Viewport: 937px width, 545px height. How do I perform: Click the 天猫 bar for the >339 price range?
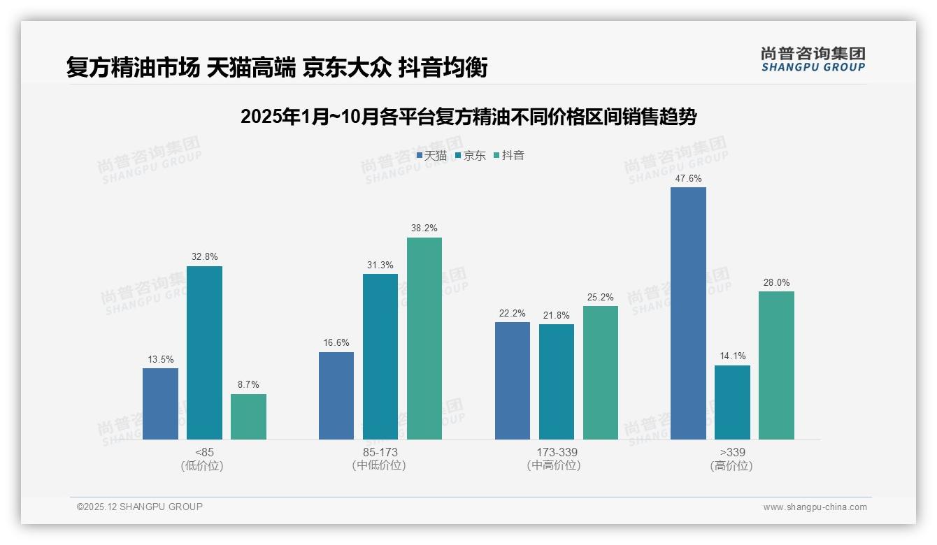tap(688, 313)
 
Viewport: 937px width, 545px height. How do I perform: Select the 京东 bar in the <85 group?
tap(204, 353)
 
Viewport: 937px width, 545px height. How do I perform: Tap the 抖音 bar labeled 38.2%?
tap(424, 338)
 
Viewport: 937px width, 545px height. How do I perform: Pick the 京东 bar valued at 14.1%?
tap(732, 402)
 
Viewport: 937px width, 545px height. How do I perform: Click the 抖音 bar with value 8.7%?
tap(248, 416)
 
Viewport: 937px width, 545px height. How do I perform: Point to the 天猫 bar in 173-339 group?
tap(512, 381)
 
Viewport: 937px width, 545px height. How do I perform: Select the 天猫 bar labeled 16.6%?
tap(336, 395)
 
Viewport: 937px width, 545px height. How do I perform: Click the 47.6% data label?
tap(688, 178)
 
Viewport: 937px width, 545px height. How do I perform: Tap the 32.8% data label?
tap(204, 256)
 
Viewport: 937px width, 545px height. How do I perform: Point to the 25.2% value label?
tap(600, 297)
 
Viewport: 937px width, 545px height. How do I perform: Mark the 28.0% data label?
tap(776, 282)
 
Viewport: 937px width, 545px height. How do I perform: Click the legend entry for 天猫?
tap(431, 156)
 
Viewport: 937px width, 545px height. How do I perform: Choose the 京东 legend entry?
tap(470, 156)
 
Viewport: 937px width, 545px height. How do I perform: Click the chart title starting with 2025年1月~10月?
tap(468, 117)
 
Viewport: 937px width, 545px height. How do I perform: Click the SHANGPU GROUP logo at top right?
tap(813, 59)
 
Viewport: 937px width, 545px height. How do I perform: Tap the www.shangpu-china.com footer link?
tap(815, 507)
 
